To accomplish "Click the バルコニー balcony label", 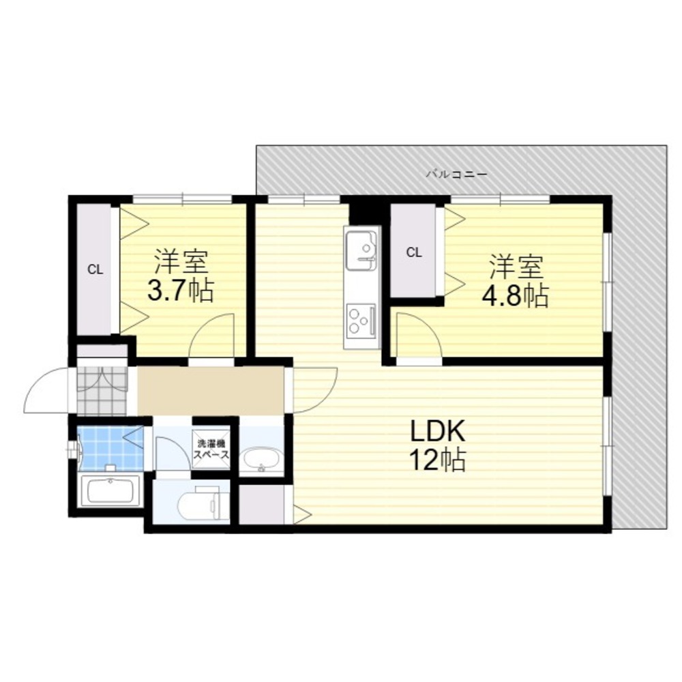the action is pos(456,175).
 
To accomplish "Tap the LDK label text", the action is pos(438,431).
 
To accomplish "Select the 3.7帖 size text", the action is pos(181,291).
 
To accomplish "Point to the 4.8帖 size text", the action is pos(514,296).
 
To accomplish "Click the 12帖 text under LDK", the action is pos(438,460).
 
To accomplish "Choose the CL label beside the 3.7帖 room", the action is pos(95,269).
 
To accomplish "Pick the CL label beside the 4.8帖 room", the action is pos(414,252).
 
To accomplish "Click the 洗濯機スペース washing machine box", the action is pos(211,449).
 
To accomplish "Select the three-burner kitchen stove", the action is pos(361,321).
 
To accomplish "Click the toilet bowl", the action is pos(199,505).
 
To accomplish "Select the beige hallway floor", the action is pos(211,391).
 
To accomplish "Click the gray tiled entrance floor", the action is pos(103,391).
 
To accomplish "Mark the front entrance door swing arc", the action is pos(38,383).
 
